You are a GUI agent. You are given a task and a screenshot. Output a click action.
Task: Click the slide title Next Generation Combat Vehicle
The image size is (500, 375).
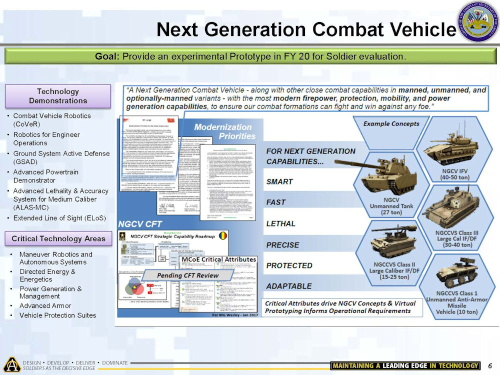tap(305, 29)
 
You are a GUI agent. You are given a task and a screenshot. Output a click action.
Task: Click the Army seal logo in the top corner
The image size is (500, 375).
tap(478, 22)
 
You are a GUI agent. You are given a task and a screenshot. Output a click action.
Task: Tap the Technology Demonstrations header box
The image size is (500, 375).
tap(57, 96)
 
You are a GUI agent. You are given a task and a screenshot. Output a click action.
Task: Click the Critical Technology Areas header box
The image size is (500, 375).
tap(57, 238)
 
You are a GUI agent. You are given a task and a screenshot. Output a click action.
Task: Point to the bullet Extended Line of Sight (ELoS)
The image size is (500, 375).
tap(59, 218)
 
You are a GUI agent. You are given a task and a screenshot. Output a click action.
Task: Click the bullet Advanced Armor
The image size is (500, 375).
tap(45, 305)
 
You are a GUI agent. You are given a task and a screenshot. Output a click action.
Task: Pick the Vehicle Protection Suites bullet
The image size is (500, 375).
tap(57, 315)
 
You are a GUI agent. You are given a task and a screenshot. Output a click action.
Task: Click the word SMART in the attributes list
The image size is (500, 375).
tap(279, 181)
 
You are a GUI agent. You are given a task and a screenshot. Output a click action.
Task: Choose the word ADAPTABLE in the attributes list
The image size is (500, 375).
tap(288, 286)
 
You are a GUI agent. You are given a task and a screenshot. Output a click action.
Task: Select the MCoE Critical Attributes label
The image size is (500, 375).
tap(218, 260)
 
